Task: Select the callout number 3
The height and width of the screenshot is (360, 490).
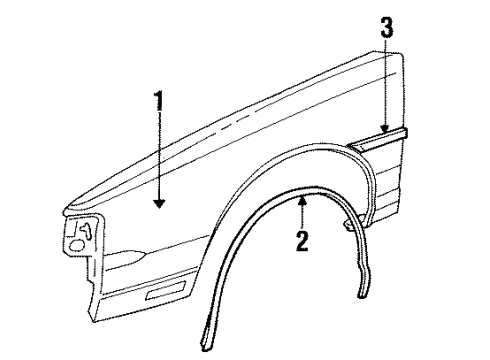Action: (x=385, y=38)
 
